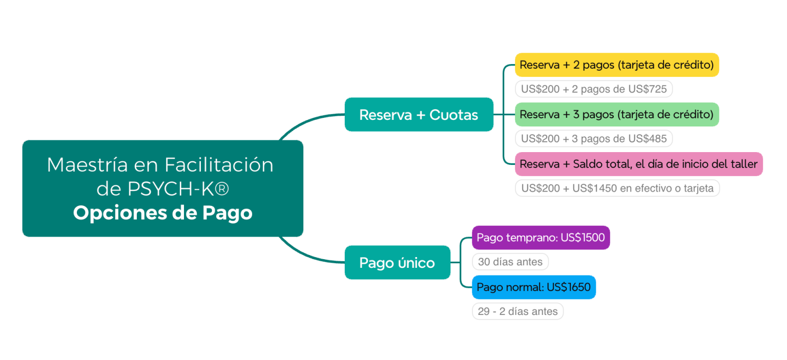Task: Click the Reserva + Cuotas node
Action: [x=419, y=115]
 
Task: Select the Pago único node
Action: [x=398, y=262]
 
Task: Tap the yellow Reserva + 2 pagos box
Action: [x=617, y=65]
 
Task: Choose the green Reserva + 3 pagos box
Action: [x=617, y=115]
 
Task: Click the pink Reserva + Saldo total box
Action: [x=639, y=164]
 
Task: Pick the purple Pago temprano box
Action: [x=541, y=238]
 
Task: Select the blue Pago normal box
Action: [x=534, y=287]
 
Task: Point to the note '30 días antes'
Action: [x=510, y=262]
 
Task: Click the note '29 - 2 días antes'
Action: [x=517, y=311]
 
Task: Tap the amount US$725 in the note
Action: [x=647, y=89]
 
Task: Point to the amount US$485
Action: [x=647, y=138]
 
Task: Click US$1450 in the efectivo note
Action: [x=594, y=188]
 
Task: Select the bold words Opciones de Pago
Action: [x=162, y=213]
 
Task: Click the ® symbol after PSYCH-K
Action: [x=222, y=189]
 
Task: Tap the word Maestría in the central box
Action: [x=87, y=165]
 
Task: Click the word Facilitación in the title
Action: [x=219, y=165]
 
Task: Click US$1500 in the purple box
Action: [x=583, y=238]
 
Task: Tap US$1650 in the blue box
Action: [x=568, y=287]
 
